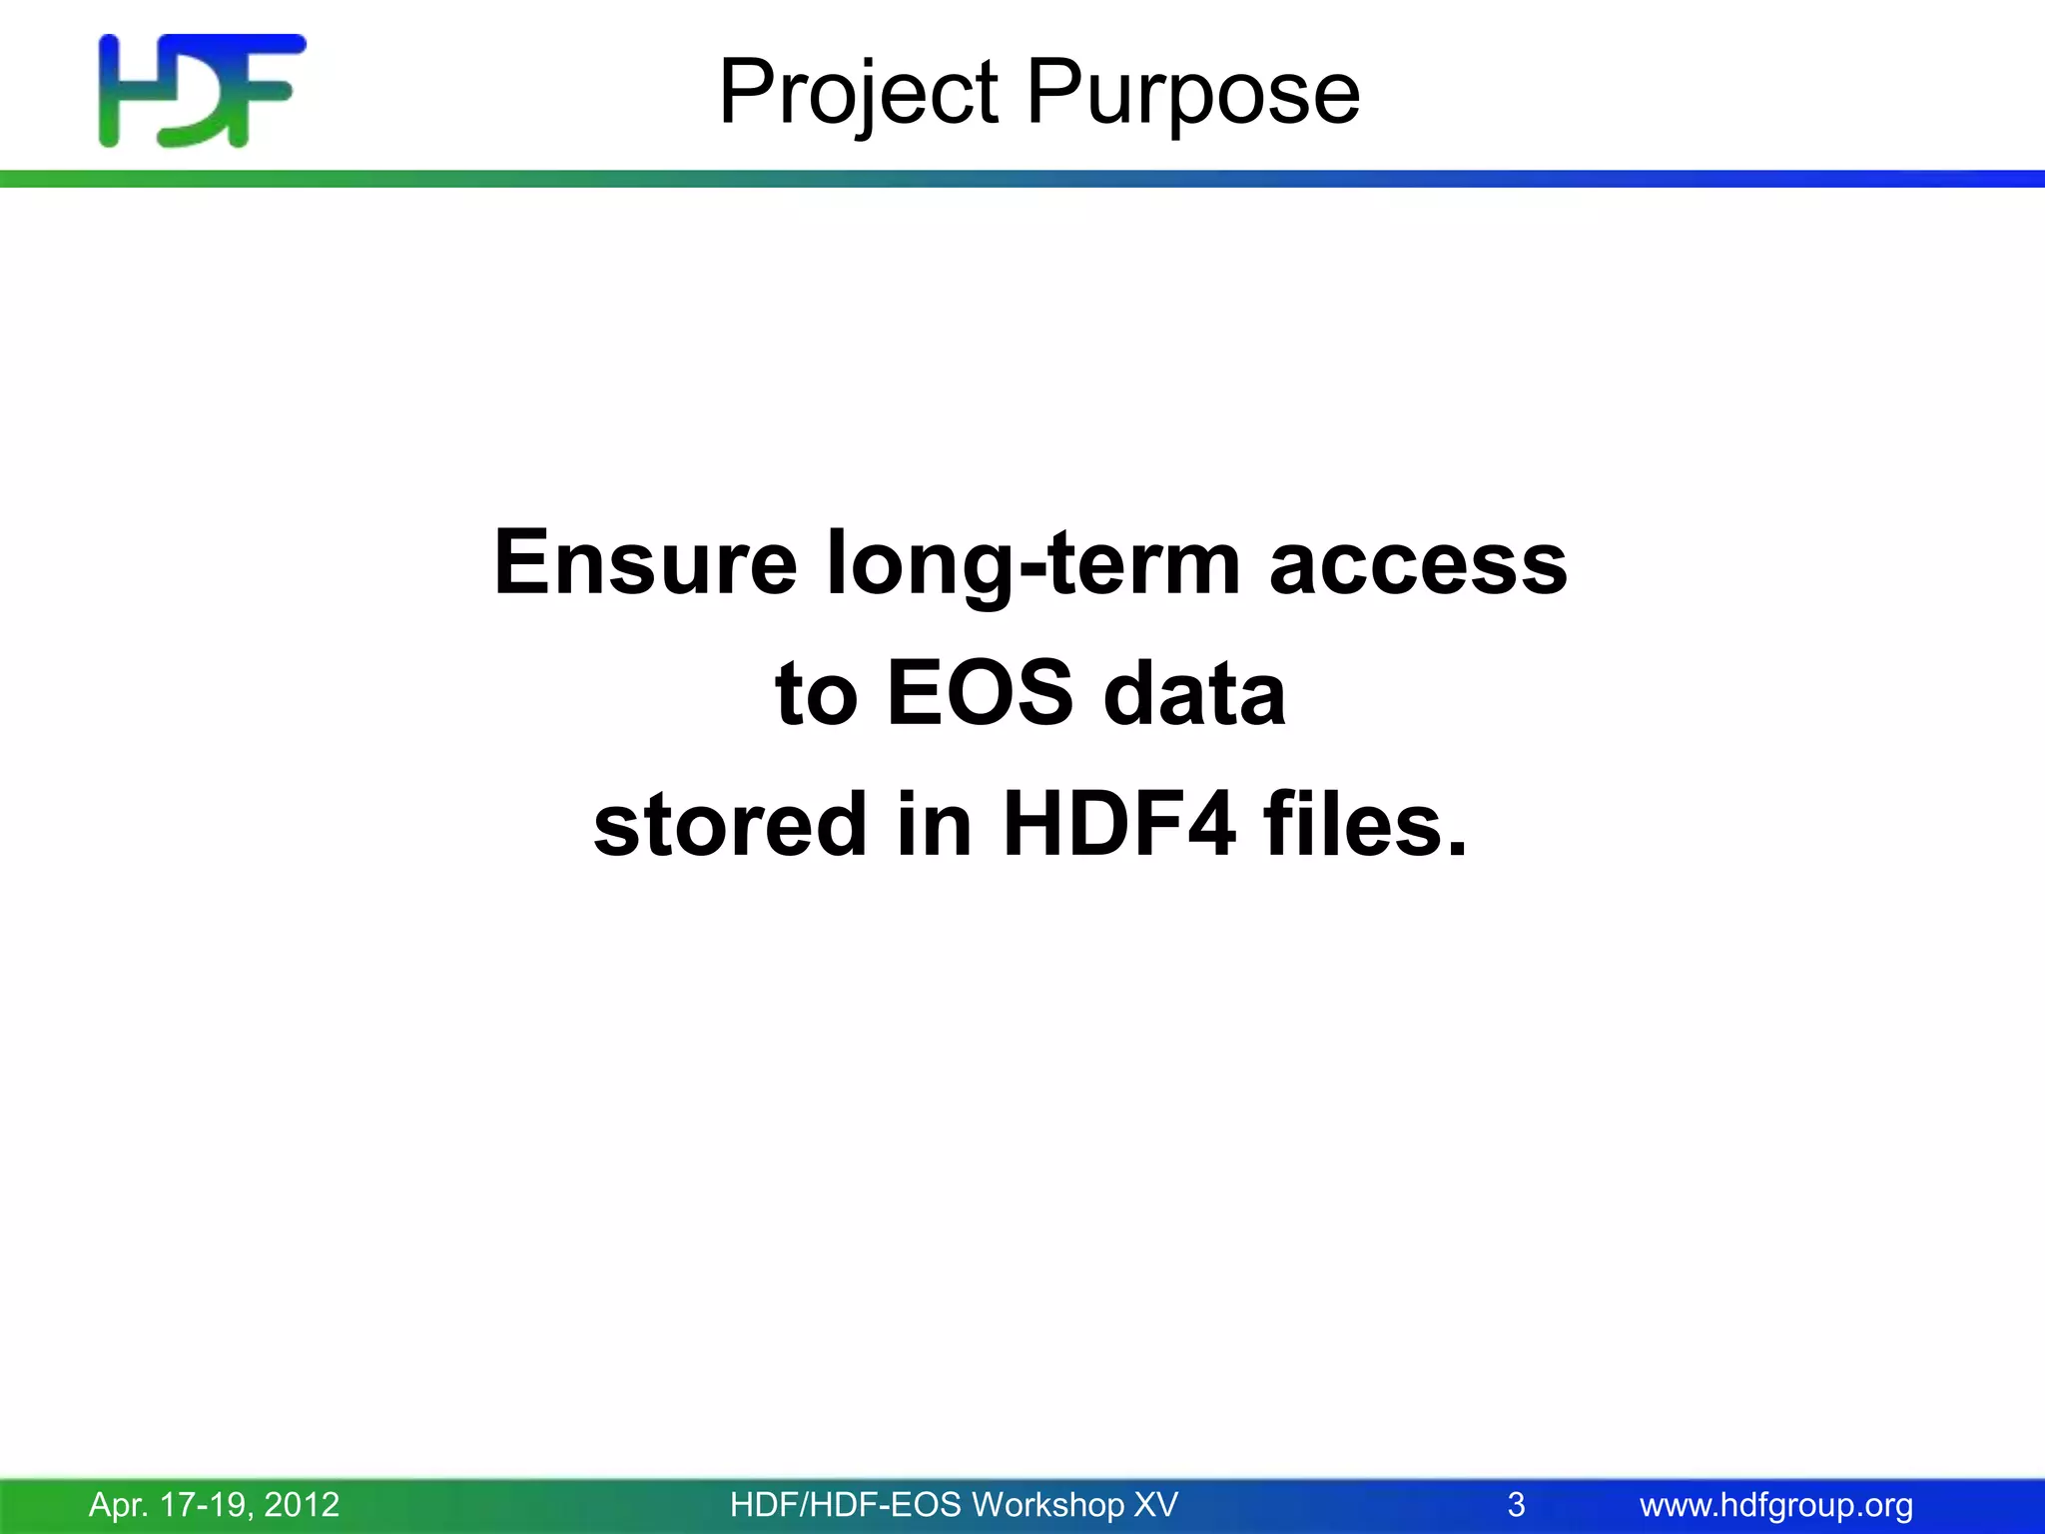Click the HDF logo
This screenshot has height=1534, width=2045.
(x=203, y=91)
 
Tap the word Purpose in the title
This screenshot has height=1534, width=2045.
(x=1192, y=93)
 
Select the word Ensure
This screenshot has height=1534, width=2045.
(x=645, y=563)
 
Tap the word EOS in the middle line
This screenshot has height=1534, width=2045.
(x=980, y=693)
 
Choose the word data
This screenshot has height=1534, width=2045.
(x=1194, y=693)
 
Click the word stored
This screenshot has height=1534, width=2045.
(x=730, y=825)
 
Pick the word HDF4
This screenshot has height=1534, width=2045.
(x=1119, y=825)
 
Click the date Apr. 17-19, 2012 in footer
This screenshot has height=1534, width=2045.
(x=215, y=1504)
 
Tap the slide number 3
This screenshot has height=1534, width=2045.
(x=1516, y=1504)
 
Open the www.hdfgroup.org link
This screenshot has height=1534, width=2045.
(x=1776, y=1504)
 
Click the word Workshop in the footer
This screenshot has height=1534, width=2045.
(x=1047, y=1504)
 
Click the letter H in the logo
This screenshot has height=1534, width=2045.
(x=125, y=91)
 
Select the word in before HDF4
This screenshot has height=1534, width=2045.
(x=934, y=825)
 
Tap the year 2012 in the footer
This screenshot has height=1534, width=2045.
(x=302, y=1504)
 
